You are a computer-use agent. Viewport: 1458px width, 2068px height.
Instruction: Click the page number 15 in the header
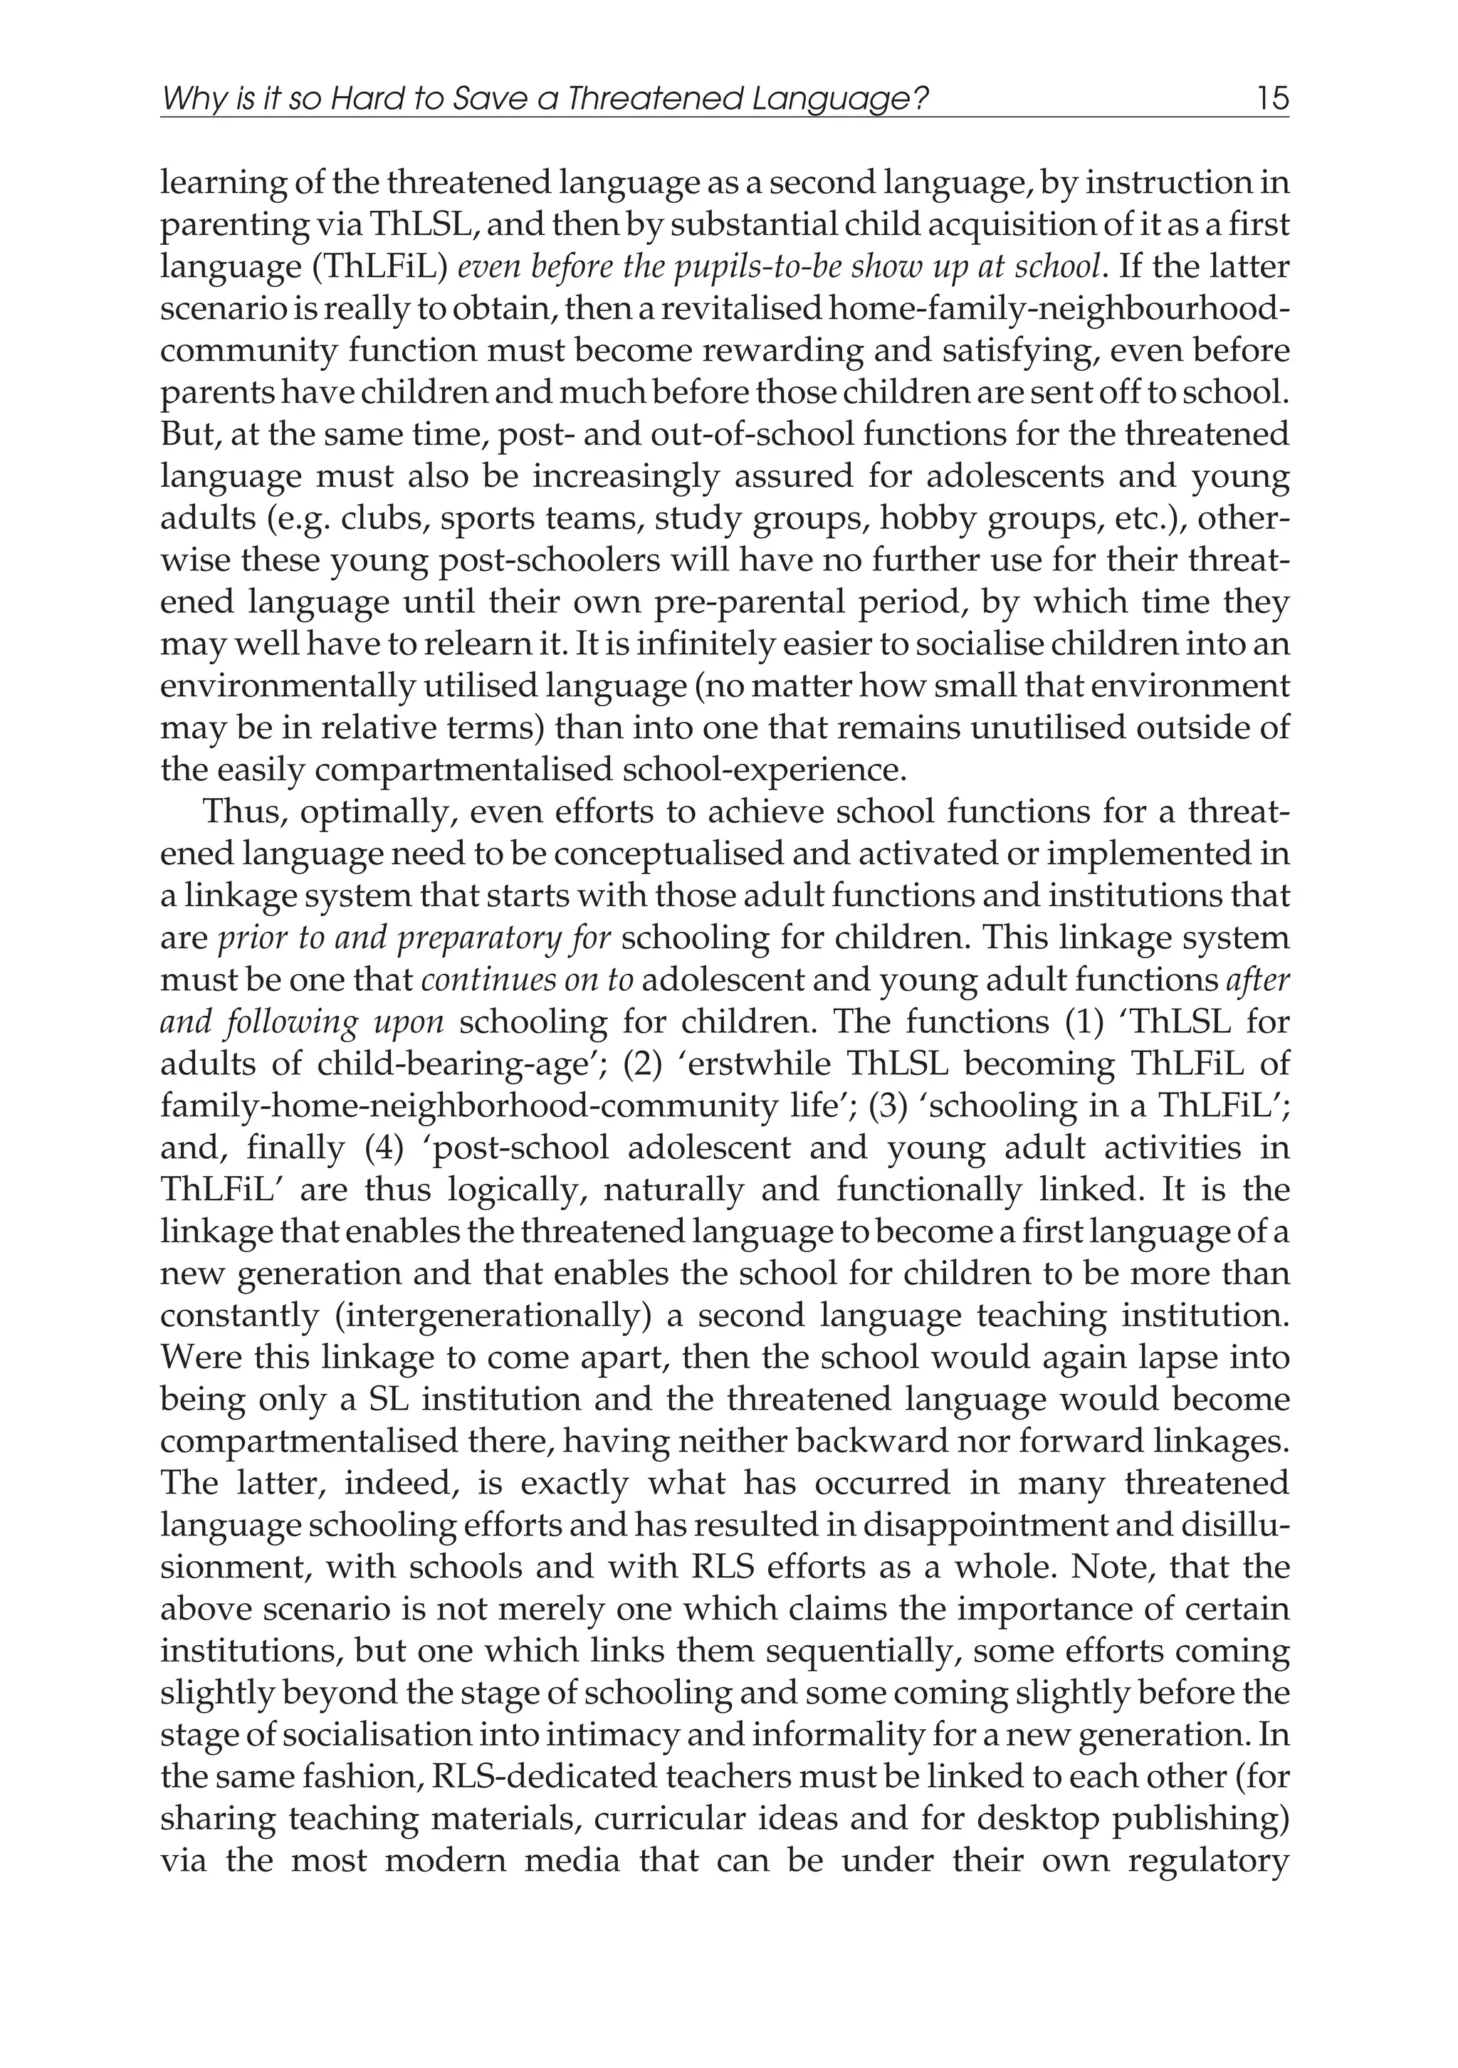(x=1272, y=98)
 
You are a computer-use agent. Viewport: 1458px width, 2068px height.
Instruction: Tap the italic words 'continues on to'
(x=528, y=980)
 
